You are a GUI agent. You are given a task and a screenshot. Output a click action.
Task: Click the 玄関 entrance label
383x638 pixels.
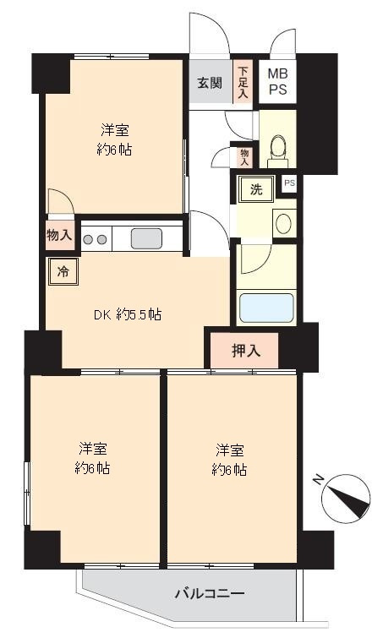(x=210, y=83)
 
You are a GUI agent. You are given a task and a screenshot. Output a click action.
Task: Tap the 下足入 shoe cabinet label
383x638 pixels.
(x=243, y=83)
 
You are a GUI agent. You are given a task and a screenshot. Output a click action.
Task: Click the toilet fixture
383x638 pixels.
(x=275, y=150)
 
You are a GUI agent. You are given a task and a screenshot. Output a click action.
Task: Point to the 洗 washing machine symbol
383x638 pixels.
(x=254, y=189)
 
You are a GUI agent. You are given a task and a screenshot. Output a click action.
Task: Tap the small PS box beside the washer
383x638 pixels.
(x=289, y=183)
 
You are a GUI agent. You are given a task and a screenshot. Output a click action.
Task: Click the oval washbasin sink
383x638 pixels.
(x=283, y=223)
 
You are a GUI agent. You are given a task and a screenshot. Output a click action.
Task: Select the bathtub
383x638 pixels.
(x=265, y=308)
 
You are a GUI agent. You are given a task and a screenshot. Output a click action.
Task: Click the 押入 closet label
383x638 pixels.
(x=245, y=350)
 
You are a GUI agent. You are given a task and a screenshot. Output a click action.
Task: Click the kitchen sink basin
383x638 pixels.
(x=145, y=238)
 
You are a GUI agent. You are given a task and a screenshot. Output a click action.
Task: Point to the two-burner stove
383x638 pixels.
(x=95, y=239)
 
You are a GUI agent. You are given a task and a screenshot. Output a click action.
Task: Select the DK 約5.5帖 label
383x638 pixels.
(x=127, y=315)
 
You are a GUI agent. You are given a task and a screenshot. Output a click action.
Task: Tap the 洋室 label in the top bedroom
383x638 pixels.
(x=115, y=130)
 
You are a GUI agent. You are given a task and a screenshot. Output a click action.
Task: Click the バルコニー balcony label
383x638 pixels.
(x=210, y=592)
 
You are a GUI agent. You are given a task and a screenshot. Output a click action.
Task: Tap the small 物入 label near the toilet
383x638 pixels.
(x=244, y=156)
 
